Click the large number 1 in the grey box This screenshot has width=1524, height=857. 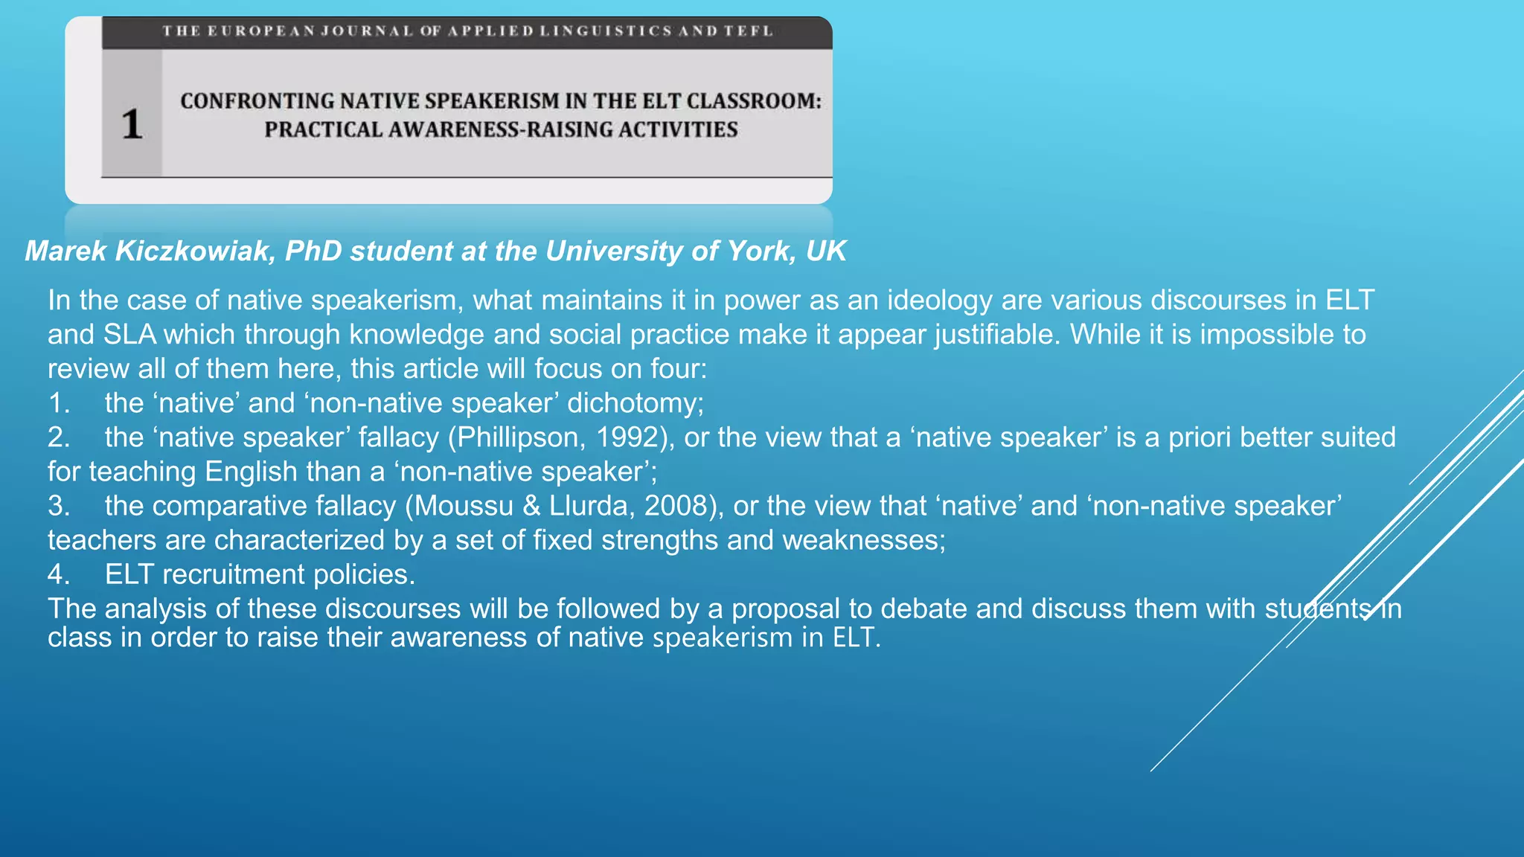(132, 123)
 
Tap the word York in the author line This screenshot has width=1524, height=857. (762, 251)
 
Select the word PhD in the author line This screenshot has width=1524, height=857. (313, 251)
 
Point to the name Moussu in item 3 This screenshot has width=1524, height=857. (464, 506)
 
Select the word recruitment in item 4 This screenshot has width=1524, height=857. (234, 574)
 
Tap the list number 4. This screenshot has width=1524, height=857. (59, 574)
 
